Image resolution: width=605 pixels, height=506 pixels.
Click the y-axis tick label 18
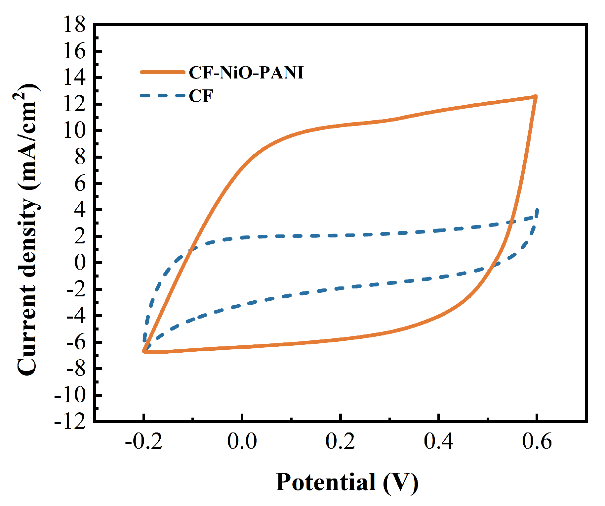point(74,25)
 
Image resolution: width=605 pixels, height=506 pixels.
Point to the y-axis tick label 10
point(74,131)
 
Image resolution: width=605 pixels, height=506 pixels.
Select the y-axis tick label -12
point(70,422)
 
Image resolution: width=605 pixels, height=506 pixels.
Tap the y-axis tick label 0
point(79,263)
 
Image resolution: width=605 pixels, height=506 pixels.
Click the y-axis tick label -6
point(75,343)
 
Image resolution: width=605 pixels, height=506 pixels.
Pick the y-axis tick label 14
point(74,78)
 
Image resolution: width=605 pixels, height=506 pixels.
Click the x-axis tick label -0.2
point(144,441)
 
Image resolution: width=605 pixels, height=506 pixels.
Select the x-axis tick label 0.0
point(242,441)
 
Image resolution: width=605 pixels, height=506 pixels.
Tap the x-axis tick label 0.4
point(438,441)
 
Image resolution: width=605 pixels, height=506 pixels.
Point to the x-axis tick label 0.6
point(537,441)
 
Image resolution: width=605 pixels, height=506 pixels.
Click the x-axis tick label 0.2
point(340,441)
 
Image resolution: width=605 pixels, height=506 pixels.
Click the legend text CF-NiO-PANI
point(246,73)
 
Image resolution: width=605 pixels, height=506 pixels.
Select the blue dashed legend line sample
point(162,96)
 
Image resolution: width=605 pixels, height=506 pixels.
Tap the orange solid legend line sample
point(162,72)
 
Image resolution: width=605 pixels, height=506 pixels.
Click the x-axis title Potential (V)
point(347,482)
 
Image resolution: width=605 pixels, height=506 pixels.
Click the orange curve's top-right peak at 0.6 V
point(536,97)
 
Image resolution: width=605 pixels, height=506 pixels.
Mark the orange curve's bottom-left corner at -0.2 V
point(144,351)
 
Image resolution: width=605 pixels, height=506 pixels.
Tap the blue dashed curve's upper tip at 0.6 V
point(537,210)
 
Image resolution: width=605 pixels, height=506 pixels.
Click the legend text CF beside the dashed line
point(201,96)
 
